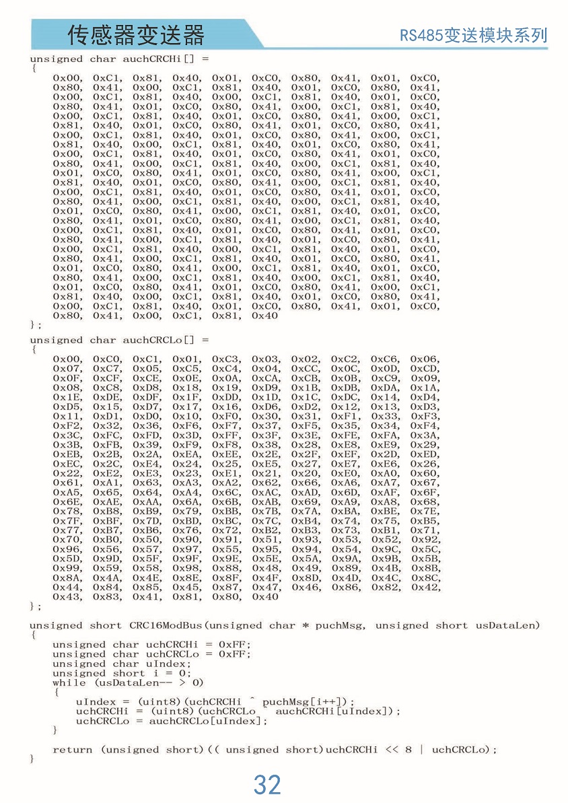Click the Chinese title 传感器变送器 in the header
tap(135, 35)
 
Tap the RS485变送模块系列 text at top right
tap(474, 35)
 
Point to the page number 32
tap(267, 785)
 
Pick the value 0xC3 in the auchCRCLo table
tap(226, 359)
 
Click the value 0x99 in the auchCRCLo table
tap(67, 568)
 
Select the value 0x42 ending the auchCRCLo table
tap(425, 587)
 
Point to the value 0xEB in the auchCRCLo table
tap(67, 454)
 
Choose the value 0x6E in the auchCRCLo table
tap(67, 501)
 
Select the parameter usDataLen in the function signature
tap(507, 625)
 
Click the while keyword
tap(69, 683)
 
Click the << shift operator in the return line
tap(392, 750)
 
